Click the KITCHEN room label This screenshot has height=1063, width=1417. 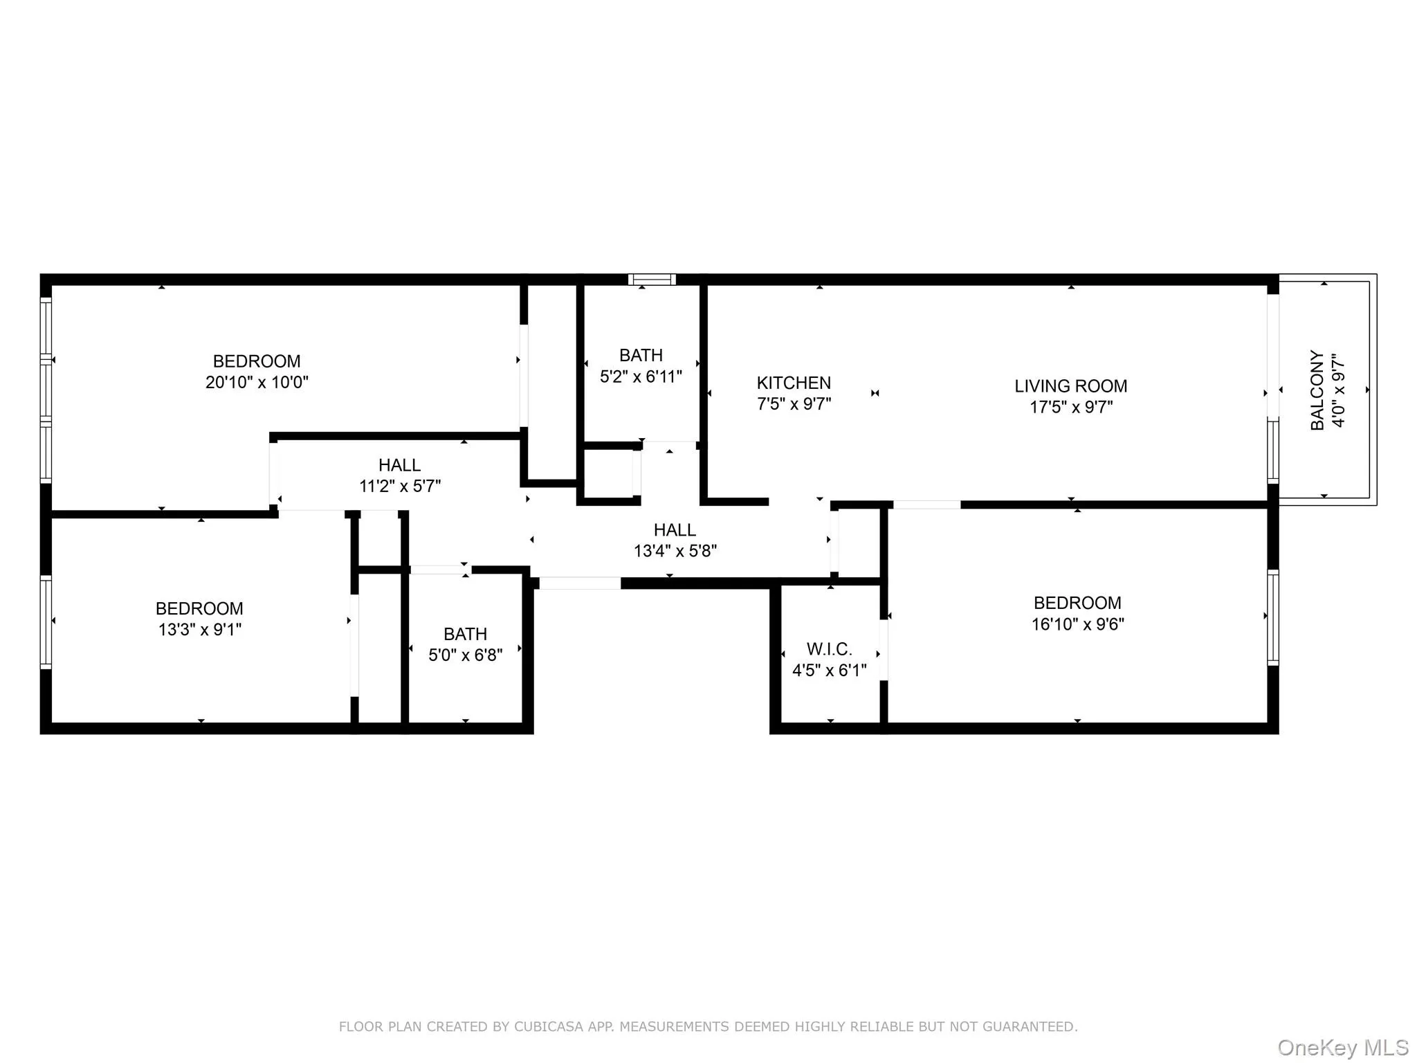[794, 383]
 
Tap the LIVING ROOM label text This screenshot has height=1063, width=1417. [1070, 386]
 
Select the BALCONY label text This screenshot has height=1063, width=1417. [1317, 390]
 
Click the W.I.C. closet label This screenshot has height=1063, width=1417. [829, 649]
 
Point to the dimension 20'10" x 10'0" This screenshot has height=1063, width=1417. [257, 382]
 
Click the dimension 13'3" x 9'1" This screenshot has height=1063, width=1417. [199, 629]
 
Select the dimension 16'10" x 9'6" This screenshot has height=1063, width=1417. [1077, 624]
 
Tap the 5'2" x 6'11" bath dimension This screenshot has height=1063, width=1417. [641, 376]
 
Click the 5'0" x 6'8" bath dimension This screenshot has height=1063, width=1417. [465, 655]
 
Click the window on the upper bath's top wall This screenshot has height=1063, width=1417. [652, 280]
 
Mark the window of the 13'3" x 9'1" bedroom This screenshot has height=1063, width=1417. [46, 621]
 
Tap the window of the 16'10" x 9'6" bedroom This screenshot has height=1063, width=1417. [1272, 617]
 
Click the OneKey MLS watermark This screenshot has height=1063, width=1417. [1342, 1047]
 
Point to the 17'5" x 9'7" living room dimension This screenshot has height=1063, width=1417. [1070, 407]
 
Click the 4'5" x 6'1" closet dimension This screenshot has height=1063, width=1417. [829, 670]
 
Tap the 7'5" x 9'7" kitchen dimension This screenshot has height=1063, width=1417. [794, 403]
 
